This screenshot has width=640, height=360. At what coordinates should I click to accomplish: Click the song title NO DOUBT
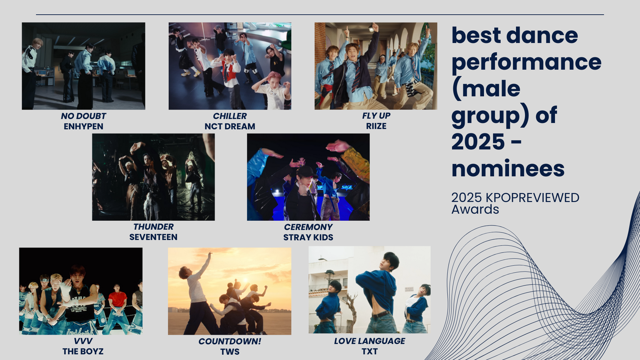(x=83, y=116)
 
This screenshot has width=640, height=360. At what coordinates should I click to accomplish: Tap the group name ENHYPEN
(x=83, y=126)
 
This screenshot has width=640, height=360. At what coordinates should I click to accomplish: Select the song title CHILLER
(x=230, y=116)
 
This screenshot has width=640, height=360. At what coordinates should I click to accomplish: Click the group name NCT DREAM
(x=230, y=126)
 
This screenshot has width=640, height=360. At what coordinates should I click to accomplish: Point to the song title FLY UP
(x=376, y=116)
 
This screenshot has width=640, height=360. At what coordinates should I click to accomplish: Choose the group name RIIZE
(x=376, y=126)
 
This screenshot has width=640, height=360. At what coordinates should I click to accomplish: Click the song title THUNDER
(x=153, y=227)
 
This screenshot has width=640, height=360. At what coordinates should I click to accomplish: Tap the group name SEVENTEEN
(x=153, y=237)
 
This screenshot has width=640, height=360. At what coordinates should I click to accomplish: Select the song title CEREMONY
(x=308, y=227)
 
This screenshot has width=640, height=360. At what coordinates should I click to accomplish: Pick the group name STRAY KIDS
(x=308, y=237)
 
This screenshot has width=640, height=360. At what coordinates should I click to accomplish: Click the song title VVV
(x=83, y=341)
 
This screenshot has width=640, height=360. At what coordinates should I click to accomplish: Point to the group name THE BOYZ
(x=83, y=351)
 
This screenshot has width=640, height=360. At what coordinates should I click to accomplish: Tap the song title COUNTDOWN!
(x=230, y=341)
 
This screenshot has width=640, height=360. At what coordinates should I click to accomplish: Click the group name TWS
(x=230, y=352)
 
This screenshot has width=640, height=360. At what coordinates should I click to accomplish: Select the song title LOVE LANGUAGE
(x=369, y=341)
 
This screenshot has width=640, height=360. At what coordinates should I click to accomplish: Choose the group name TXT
(x=369, y=351)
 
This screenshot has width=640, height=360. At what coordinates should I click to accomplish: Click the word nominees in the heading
(x=508, y=169)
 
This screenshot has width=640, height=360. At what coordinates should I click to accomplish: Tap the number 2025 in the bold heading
(x=478, y=142)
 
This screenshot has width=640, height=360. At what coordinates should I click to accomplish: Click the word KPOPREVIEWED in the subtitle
(x=532, y=198)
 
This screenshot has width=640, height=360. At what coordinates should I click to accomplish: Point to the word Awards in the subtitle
(x=475, y=209)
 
